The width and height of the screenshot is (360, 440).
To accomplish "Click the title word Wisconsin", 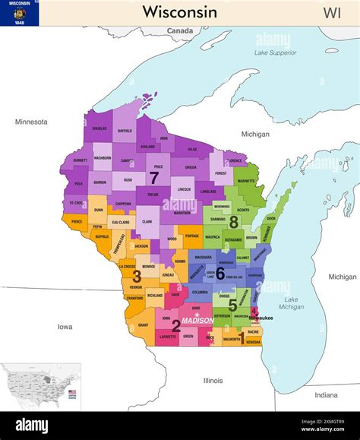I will pos(179,12).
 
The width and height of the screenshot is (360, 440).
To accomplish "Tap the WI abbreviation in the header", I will pos(332,12).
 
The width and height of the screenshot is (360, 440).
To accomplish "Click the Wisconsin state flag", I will pos(20,13).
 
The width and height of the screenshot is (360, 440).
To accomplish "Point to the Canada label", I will pos(180,31).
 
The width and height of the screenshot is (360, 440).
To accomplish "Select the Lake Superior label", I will pos(275,52).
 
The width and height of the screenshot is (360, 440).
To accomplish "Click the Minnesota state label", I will pos(31,122).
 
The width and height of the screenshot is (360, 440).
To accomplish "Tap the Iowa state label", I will pos(65,326).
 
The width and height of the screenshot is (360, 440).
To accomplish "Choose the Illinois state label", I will pos(213,379).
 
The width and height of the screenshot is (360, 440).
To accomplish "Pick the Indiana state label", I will pos(327,394).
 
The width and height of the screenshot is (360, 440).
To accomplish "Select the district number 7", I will pos(154,178).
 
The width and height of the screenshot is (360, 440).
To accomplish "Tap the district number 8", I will pos(234,221).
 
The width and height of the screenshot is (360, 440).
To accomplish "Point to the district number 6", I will pos(219,272).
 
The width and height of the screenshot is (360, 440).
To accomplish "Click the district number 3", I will pos(137,277).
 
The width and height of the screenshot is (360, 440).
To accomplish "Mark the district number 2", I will pos(176,326).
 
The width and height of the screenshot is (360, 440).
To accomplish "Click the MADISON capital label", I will pos(197,320).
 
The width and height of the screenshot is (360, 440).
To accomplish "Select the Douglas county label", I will pos(99,128).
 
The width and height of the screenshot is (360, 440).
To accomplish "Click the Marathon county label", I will pos(182,213).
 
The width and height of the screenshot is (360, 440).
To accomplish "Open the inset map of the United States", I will pos(41,386).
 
